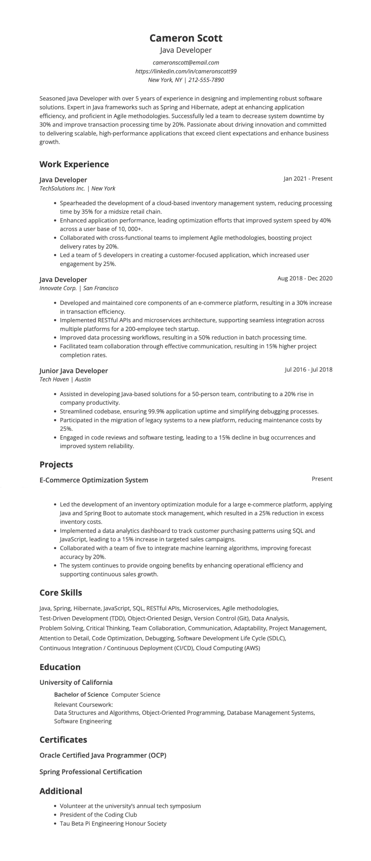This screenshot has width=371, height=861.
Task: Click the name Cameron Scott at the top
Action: (186, 38)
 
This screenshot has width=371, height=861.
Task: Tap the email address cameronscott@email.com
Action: (186, 63)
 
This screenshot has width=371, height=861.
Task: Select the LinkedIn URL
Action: (186, 71)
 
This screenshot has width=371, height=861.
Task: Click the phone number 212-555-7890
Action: (206, 80)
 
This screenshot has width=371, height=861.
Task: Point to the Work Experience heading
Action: (74, 164)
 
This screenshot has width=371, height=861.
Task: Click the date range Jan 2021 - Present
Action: (308, 179)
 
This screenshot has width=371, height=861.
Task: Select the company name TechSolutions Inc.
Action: (62, 188)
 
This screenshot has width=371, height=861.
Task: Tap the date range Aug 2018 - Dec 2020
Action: (305, 278)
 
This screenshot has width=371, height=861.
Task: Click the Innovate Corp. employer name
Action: (58, 288)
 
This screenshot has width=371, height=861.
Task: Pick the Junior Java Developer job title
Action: (73, 371)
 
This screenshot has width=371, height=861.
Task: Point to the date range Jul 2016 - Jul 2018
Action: (308, 369)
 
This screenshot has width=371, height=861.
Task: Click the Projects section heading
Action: (56, 464)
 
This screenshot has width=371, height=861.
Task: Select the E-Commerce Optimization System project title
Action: (94, 480)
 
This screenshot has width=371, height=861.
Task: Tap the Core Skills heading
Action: (61, 593)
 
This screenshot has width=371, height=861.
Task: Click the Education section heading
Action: (60, 667)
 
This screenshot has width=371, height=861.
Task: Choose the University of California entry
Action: (76, 682)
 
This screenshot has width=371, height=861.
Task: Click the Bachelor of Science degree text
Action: (81, 695)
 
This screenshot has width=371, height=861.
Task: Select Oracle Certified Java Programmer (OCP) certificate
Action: (103, 755)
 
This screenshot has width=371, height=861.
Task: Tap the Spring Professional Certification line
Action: (91, 772)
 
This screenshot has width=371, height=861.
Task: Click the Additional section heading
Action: (61, 791)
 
